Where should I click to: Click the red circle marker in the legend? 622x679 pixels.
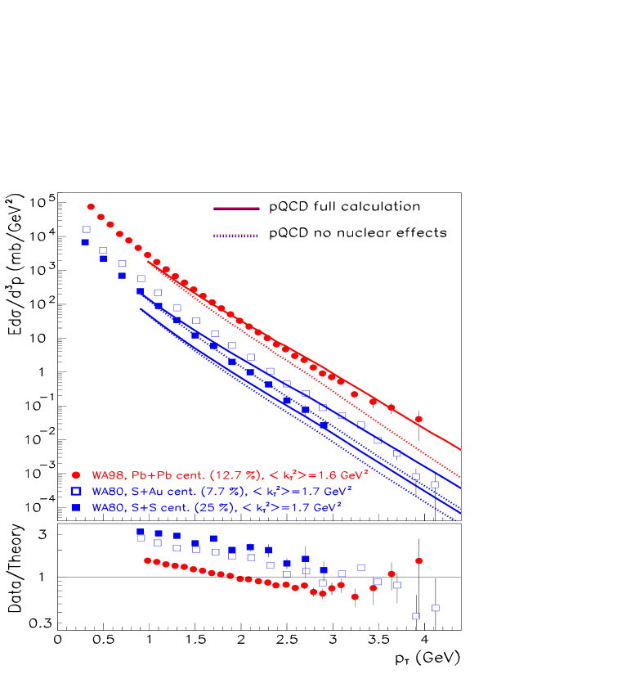[76, 474]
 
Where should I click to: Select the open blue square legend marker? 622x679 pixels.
[76, 491]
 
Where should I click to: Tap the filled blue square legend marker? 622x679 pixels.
[76, 508]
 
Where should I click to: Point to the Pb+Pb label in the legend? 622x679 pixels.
[143, 474]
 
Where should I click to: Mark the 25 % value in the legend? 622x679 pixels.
[196, 508]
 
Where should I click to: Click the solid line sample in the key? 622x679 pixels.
[236, 209]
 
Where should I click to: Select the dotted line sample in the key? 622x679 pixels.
[236, 236]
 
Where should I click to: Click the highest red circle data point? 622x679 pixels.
[91, 207]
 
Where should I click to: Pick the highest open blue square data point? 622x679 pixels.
[87, 230]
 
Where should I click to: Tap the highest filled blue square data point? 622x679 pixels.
[85, 242]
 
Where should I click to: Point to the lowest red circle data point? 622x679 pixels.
[355, 597]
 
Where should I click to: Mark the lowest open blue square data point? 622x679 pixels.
[416, 616]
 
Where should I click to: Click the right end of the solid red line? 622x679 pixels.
[461, 449]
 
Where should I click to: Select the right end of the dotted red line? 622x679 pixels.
[461, 477]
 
